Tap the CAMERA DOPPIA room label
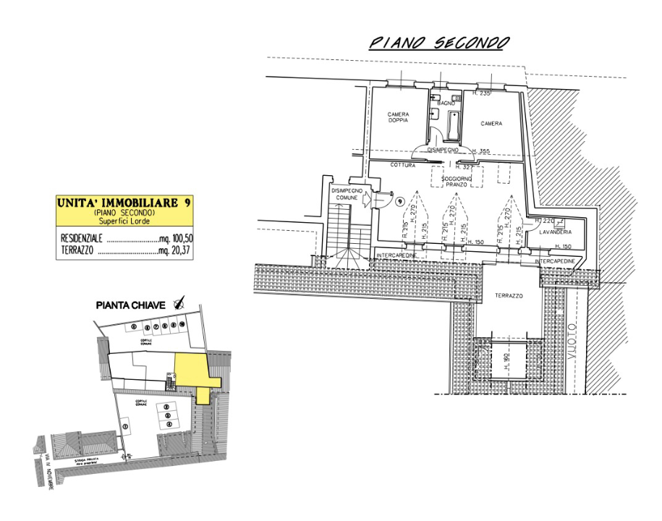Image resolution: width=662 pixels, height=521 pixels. point(398,118)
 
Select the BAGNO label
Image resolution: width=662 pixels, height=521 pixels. point(444,104)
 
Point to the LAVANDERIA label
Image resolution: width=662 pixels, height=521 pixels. point(555,232)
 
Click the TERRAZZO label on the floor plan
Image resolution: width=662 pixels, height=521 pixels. point(509,296)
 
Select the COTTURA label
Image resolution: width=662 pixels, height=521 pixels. point(403,166)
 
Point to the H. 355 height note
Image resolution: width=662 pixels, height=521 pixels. point(480,151)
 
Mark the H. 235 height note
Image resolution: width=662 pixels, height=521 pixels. point(481,94)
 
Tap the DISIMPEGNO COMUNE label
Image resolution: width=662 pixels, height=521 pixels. point(346,193)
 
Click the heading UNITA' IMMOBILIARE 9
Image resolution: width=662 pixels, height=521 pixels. point(124,204)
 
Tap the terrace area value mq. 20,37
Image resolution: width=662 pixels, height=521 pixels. point(175,252)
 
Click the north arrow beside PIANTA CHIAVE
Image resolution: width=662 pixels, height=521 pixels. point(179,305)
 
